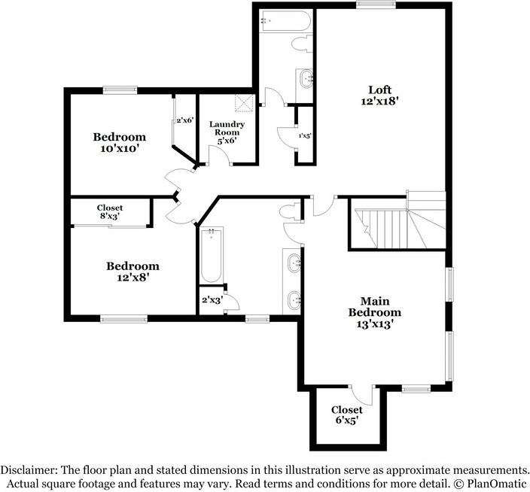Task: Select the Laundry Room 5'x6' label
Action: click(227, 132)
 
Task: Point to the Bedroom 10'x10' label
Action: click(119, 142)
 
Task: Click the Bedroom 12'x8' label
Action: click(132, 271)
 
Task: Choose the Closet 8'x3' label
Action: click(109, 211)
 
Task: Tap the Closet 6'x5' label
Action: click(347, 415)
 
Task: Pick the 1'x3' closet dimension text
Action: click(304, 135)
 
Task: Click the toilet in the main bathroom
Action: click(290, 211)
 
